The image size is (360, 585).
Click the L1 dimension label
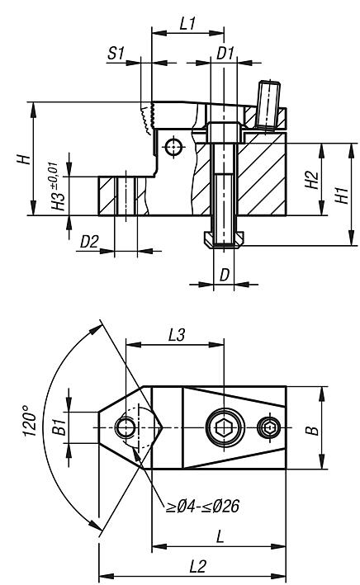point(187,24)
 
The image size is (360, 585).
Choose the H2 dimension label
point(309,181)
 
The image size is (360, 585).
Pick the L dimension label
point(220,536)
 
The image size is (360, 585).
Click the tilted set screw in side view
point(269,103)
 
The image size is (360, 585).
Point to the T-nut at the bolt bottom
point(223,239)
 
